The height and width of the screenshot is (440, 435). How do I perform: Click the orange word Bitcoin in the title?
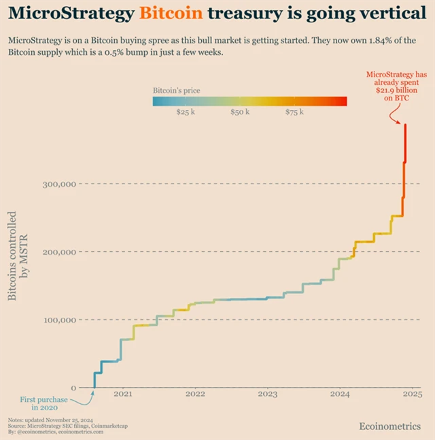[x=171, y=13]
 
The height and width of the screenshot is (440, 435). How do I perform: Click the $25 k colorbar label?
[x=186, y=111]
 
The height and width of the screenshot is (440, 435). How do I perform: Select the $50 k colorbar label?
[x=240, y=111]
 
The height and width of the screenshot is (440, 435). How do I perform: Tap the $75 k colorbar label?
[x=295, y=111]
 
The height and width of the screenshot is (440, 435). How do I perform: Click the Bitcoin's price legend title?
[x=176, y=90]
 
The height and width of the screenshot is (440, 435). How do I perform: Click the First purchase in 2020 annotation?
[x=39, y=403]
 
